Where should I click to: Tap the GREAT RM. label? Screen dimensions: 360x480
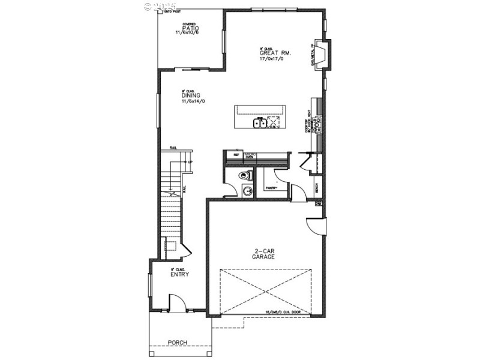click(271, 53)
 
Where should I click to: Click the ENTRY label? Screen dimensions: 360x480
click(179, 275)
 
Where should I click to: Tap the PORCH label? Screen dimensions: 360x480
click(177, 343)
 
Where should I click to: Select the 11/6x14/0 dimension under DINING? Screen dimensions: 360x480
click(193, 101)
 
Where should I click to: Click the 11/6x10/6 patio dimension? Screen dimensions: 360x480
click(187, 33)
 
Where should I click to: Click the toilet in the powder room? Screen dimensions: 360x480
click(243, 176)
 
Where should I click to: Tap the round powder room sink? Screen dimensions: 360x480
click(247, 191)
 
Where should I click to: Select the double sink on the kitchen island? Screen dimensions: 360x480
click(260, 123)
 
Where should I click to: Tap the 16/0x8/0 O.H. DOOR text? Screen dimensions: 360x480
click(287, 312)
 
